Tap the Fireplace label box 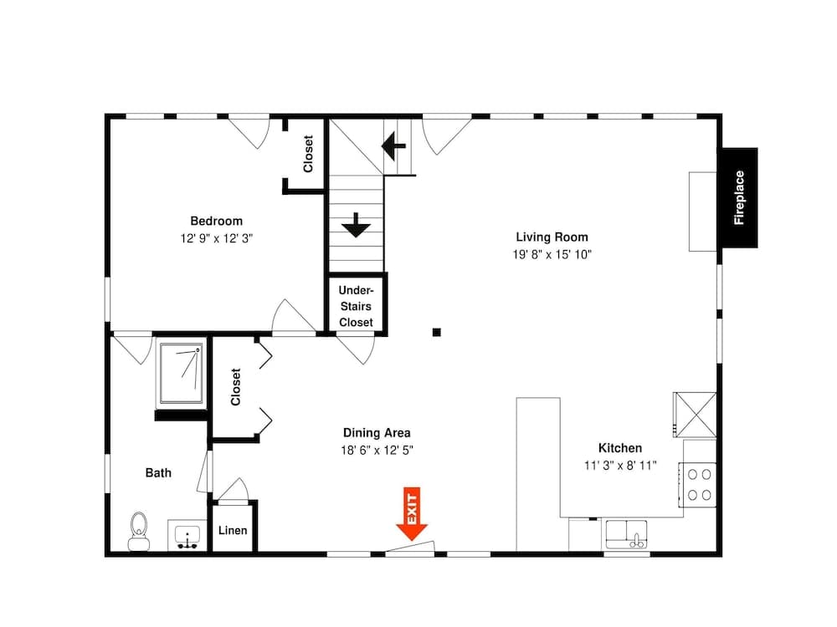click(x=739, y=198)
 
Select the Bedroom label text click(x=216, y=221)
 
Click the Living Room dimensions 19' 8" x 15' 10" click(x=552, y=254)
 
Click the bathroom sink click(x=187, y=534)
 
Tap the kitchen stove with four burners click(x=699, y=484)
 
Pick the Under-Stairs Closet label click(x=356, y=306)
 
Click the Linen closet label click(x=233, y=531)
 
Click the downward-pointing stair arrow click(x=357, y=224)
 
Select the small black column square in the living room click(x=436, y=332)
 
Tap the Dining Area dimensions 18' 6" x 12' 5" click(x=377, y=450)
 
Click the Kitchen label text click(x=619, y=448)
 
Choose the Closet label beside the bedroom click(x=308, y=154)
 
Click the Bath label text click(x=158, y=472)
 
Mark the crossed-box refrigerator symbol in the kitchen click(x=695, y=414)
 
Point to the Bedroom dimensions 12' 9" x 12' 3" click(x=216, y=238)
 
